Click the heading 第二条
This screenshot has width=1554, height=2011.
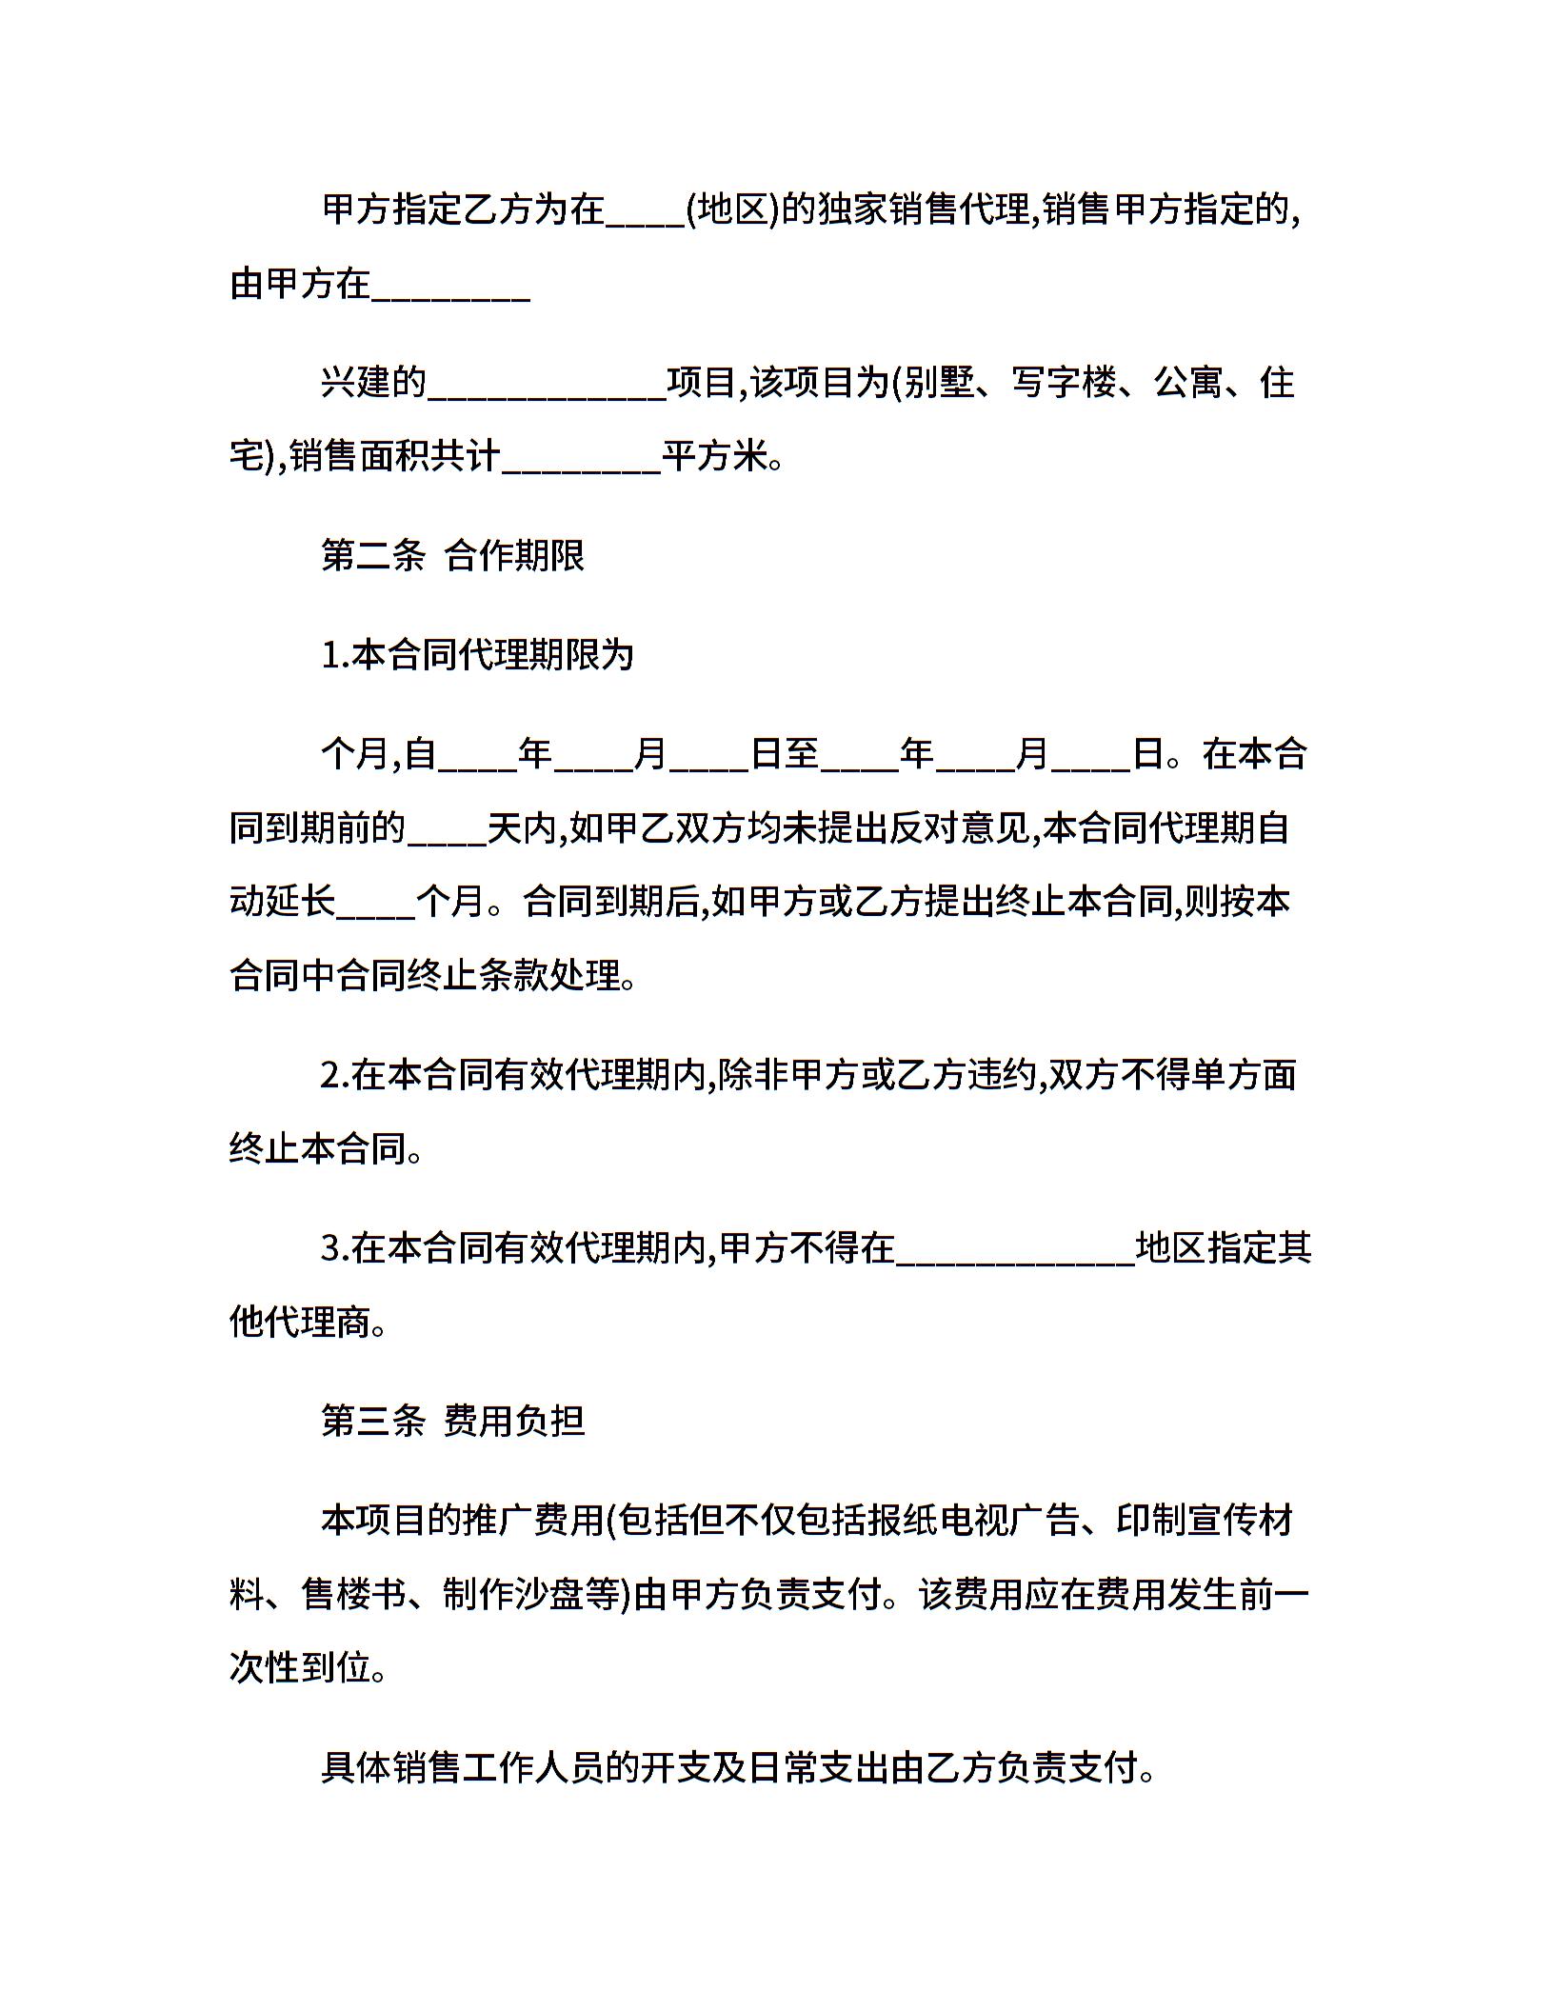[x=372, y=555]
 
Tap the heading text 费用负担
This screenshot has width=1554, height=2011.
[x=514, y=1422]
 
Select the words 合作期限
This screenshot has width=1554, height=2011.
[x=514, y=555]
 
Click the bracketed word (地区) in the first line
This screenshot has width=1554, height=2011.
[x=732, y=209]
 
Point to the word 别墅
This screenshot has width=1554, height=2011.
[x=939, y=383]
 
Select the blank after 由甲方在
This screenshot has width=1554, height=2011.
[x=449, y=291]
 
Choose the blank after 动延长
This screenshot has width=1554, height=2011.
[x=376, y=909]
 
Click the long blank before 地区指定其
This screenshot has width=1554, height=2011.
[x=1015, y=1255]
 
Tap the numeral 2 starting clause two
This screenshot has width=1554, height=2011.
[x=330, y=1075]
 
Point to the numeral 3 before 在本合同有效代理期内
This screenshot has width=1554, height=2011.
[x=330, y=1247]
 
